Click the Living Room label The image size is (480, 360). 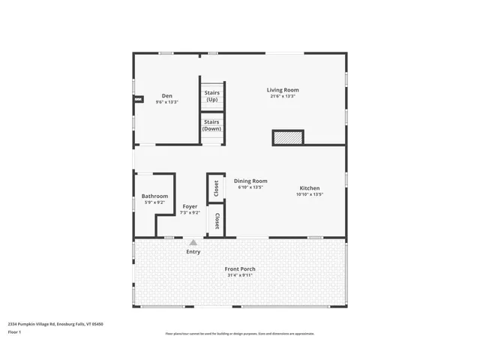(283, 90)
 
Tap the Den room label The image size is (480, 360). (167, 96)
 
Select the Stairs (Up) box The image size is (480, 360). (212, 96)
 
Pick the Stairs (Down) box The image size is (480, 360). (212, 125)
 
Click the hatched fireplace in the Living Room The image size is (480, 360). (288, 138)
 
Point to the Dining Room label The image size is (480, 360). (250, 181)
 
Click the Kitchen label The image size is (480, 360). (310, 188)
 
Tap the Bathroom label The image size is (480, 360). (155, 196)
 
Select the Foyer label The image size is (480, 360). (190, 206)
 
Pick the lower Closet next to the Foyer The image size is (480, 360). (217, 221)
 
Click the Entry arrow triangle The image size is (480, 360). (193, 242)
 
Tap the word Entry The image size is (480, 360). (193, 252)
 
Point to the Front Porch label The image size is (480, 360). (240, 268)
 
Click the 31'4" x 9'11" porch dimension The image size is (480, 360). (240, 275)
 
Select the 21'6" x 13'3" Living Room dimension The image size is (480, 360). (282, 96)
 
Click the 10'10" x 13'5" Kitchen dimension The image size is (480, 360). (309, 194)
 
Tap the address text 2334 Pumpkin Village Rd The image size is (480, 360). (55, 324)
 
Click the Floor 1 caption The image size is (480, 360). (15, 331)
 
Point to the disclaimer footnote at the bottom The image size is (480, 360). (239, 334)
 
